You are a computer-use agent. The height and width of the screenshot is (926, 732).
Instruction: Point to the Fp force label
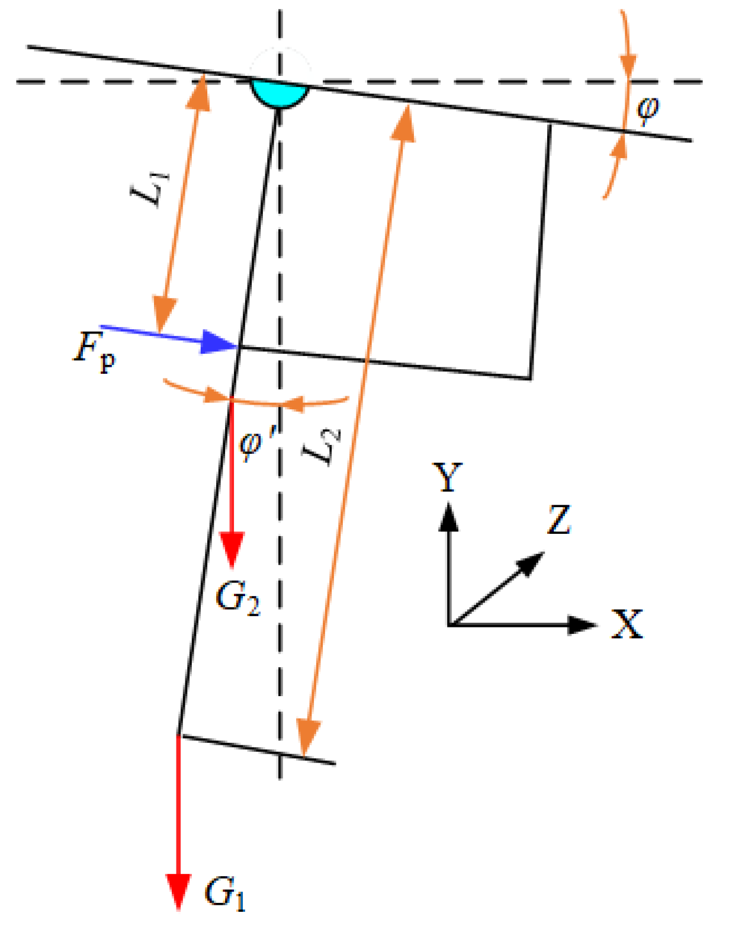(94, 350)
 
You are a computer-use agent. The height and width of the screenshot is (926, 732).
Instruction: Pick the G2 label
(237, 598)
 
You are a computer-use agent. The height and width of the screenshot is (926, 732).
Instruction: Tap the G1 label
(224, 892)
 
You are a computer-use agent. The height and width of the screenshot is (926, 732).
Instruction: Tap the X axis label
(627, 624)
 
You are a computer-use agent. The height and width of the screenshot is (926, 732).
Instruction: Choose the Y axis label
(448, 478)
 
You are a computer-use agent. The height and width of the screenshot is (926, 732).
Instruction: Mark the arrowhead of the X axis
(583, 624)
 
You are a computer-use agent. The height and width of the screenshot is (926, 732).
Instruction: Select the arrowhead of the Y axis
(449, 515)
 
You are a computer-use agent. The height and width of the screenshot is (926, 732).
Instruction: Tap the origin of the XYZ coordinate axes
(450, 624)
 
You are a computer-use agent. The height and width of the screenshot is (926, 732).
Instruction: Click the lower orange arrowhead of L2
(307, 738)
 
